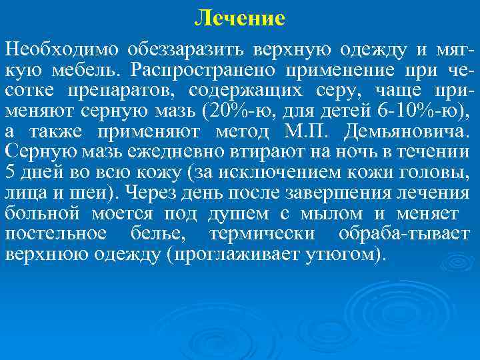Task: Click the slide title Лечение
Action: tap(239, 18)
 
